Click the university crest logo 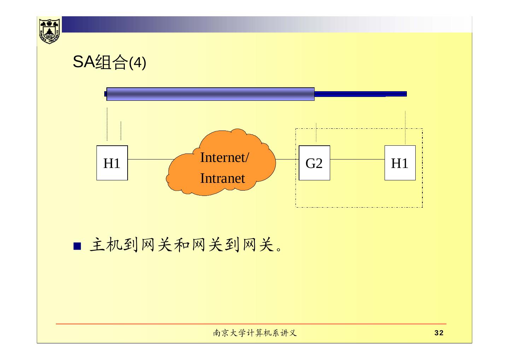(49, 30)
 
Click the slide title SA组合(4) (109, 63)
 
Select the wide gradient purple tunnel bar (210, 94)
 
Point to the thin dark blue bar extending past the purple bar (361, 94)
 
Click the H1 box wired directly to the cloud (112, 163)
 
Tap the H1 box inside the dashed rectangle (400, 163)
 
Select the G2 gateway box (314, 163)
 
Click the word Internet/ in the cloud (224, 157)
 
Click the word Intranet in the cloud (222, 178)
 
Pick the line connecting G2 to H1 (357, 159)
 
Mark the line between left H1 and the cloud (150, 159)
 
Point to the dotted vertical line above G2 (316, 133)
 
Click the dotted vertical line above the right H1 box (405, 127)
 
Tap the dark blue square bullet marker (77, 246)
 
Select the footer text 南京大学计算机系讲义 (255, 333)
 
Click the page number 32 (439, 333)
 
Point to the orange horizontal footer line (251, 324)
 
